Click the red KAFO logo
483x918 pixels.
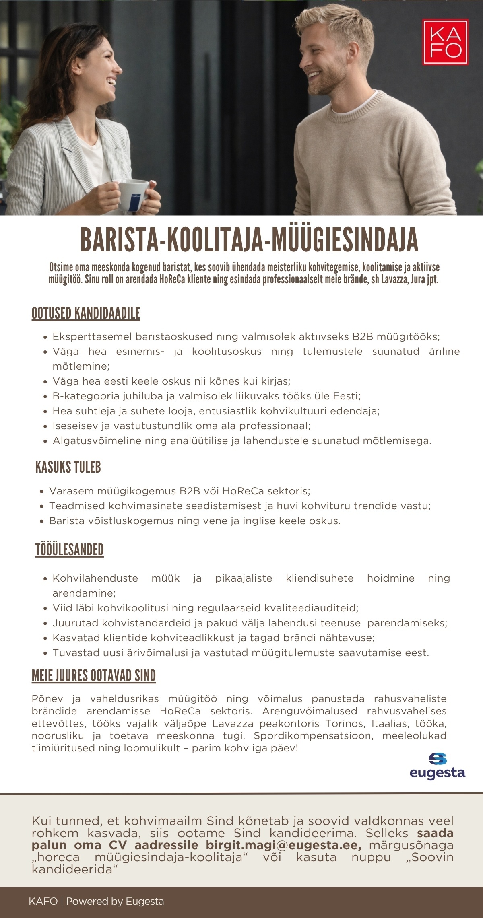pos(445,42)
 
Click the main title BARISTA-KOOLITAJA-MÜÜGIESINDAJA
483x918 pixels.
pos(249,241)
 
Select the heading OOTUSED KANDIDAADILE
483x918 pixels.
pos(86,313)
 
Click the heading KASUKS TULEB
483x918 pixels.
pos(68,467)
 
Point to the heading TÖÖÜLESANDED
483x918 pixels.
pos(69,550)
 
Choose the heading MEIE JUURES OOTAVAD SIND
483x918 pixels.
pos(93,676)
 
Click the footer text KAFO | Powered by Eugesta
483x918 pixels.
pos(96,902)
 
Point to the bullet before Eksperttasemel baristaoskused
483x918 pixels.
pos(45,337)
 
